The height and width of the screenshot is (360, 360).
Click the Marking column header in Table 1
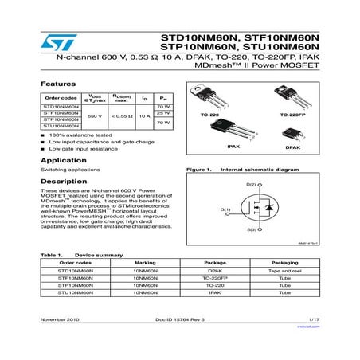pos(146,262)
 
